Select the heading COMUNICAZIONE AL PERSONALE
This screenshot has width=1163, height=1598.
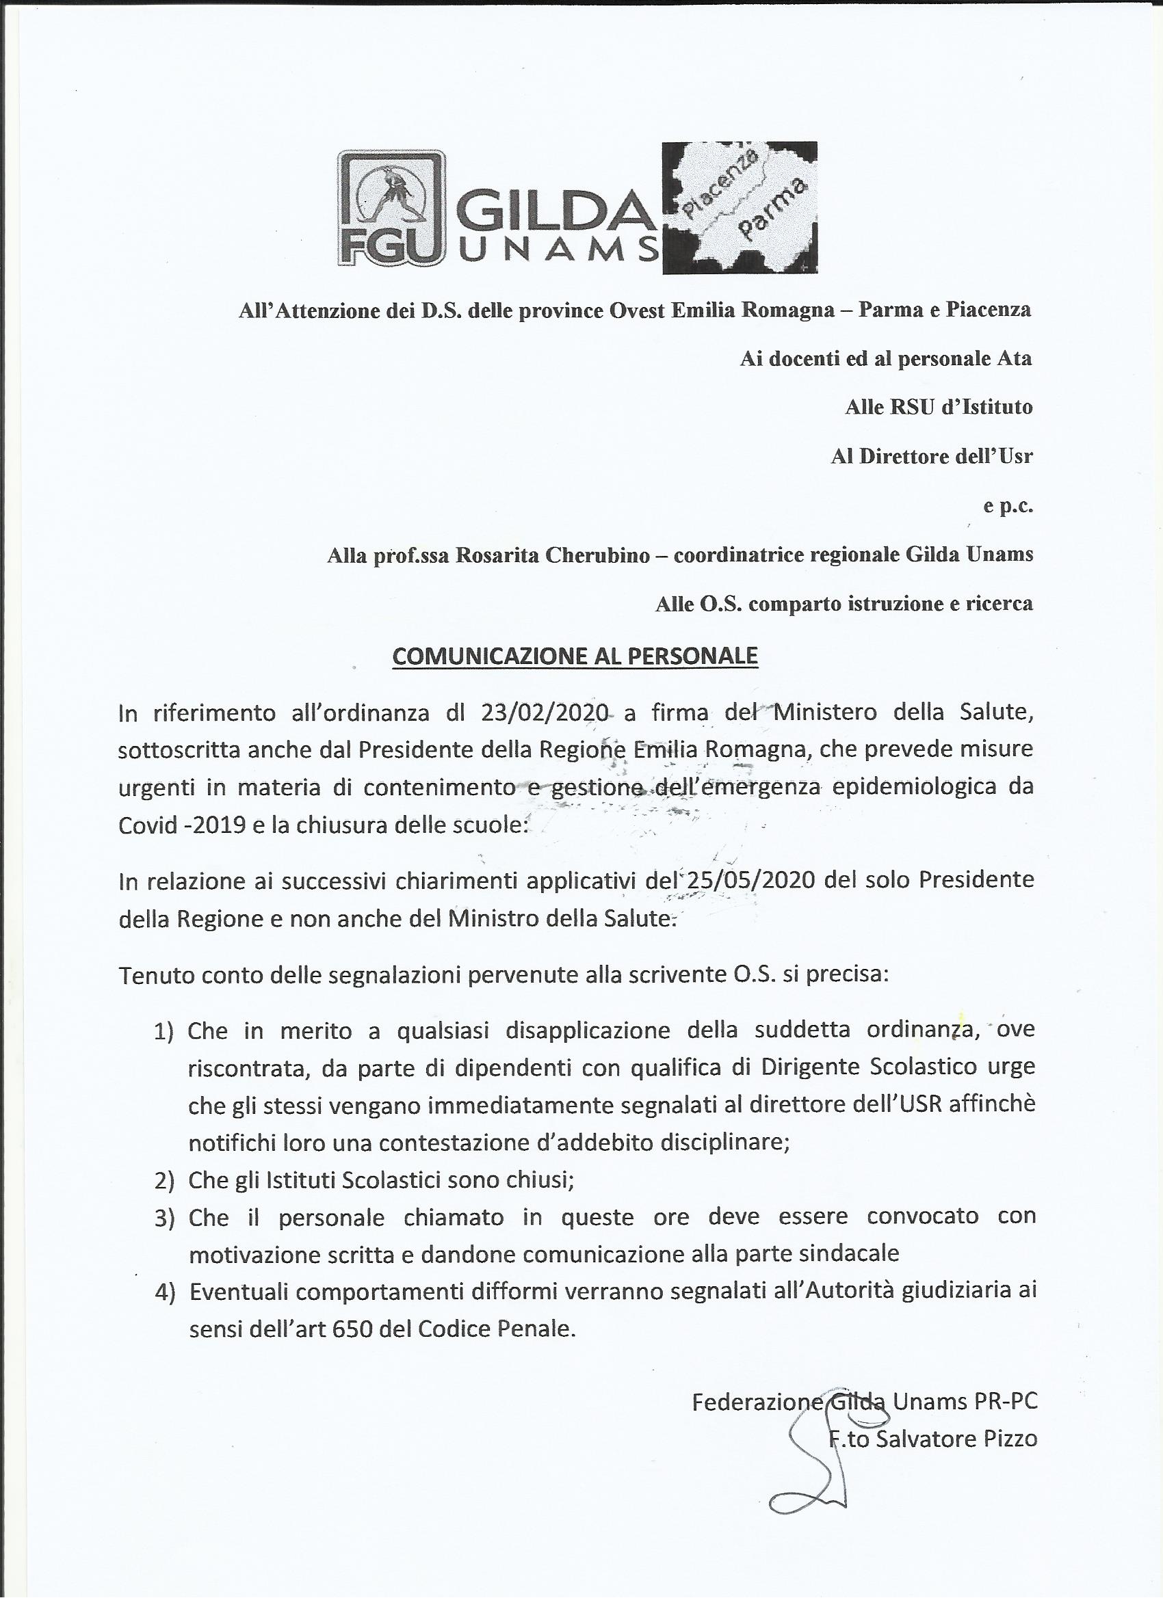[575, 656]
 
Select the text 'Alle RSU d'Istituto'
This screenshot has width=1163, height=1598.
[938, 408]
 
